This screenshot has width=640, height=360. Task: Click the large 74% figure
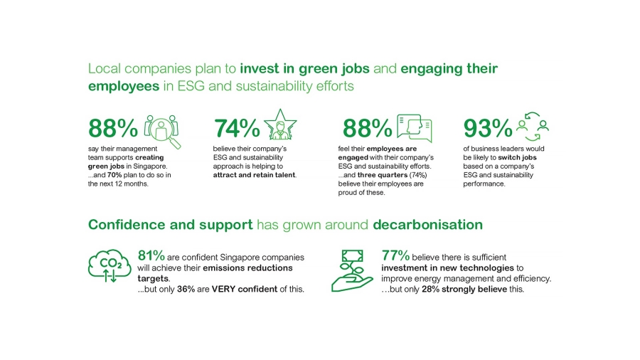point(237,128)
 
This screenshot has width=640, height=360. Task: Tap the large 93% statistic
point(488,128)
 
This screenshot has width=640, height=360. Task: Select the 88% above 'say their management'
point(113,128)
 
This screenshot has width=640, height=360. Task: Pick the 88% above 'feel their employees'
point(367,128)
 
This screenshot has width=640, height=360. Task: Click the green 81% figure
point(151,255)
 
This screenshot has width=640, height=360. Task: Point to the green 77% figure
point(395,255)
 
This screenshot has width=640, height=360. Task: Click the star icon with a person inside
point(280,125)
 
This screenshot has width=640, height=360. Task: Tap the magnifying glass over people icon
point(162,131)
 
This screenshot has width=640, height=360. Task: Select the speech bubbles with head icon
point(415,128)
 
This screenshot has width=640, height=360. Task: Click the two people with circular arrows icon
point(533,127)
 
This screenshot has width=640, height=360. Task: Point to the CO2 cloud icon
point(110,265)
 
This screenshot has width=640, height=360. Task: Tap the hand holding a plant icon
point(352,271)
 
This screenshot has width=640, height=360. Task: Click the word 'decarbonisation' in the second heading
point(428,225)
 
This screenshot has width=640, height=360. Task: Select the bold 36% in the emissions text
point(186,289)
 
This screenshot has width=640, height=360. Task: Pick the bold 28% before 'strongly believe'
point(430,289)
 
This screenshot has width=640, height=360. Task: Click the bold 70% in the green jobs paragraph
point(114,175)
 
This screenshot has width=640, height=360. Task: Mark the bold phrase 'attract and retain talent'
point(254,175)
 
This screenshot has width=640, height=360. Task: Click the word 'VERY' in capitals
point(224,289)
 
